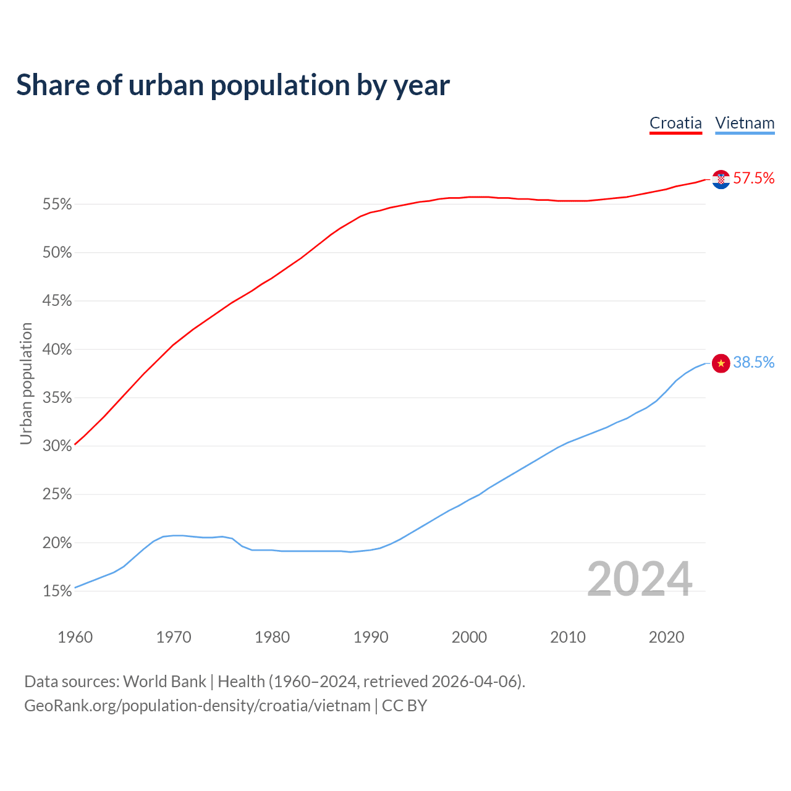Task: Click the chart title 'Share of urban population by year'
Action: (233, 85)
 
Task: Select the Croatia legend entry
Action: (675, 123)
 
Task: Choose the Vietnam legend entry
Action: (745, 123)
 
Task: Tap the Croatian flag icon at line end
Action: (721, 179)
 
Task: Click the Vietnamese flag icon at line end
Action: (721, 363)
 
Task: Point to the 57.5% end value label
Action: (754, 179)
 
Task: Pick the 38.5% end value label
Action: (754, 363)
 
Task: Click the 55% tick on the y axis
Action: (57, 205)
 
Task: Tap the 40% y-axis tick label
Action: (57, 350)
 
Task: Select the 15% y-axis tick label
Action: (57, 591)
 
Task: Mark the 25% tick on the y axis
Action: (57, 494)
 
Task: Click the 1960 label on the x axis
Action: (75, 637)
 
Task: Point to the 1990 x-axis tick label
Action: (371, 637)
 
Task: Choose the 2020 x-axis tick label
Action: (666, 637)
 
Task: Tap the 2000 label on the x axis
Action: (469, 637)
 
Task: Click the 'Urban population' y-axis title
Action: (26, 383)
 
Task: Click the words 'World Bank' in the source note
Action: (164, 682)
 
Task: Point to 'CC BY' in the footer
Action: (405, 706)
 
